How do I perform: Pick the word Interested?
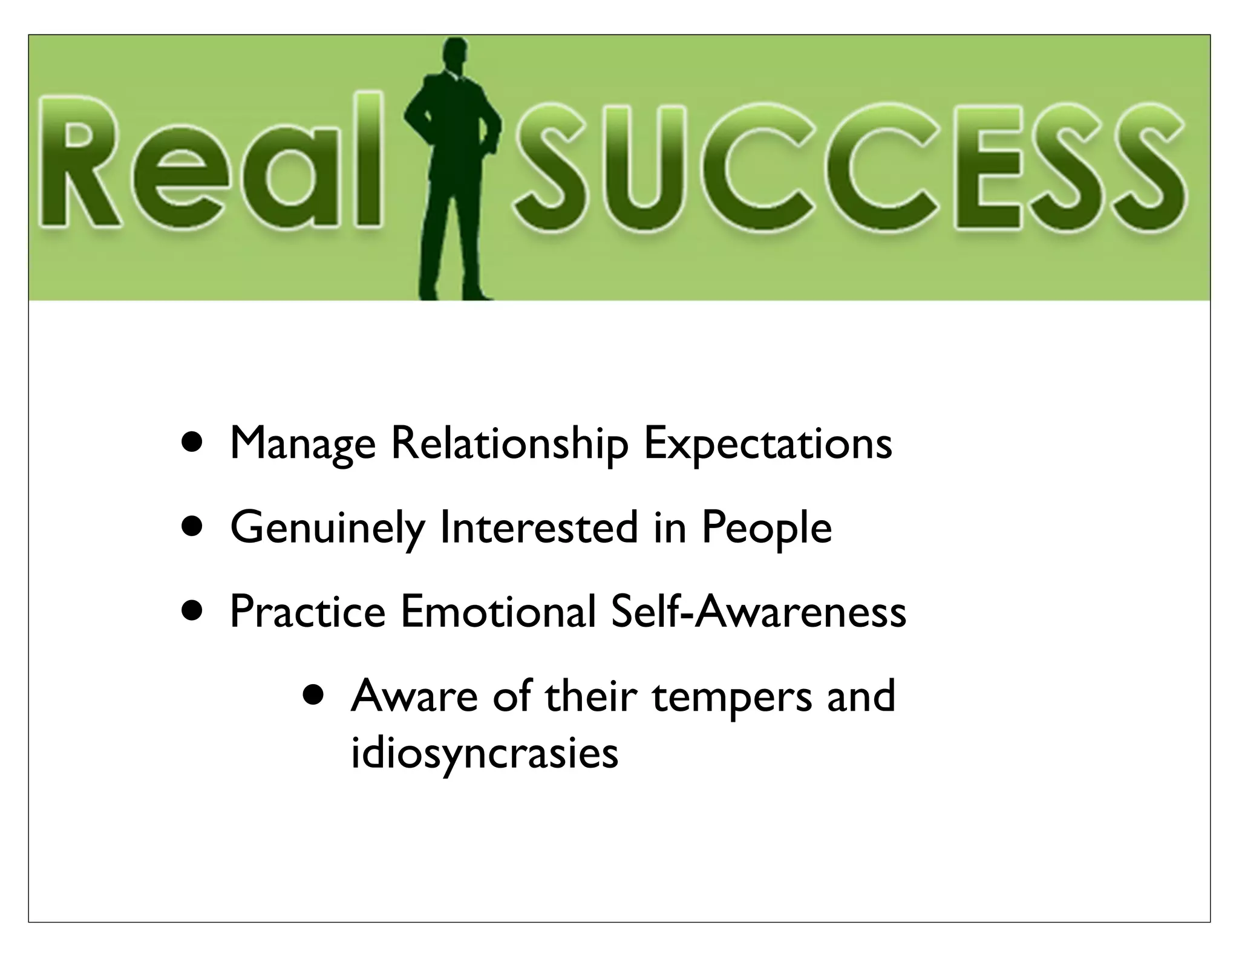point(539,527)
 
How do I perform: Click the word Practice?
point(307,612)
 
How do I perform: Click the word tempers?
point(732,697)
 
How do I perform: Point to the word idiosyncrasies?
point(485,754)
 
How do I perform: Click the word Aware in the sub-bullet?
point(414,696)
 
